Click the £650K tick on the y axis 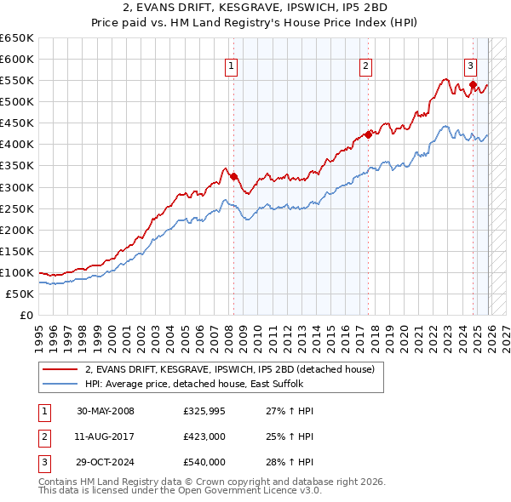pos(17,38)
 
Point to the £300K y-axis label pos(17,187)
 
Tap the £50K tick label pos(20,294)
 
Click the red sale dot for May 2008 pos(233,176)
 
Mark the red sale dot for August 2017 pos(368,134)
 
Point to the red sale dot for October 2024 pos(473,84)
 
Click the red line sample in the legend pos(60,369)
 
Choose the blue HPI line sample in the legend pos(60,384)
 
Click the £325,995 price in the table pos(204,411)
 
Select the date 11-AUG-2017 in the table pos(106,436)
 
